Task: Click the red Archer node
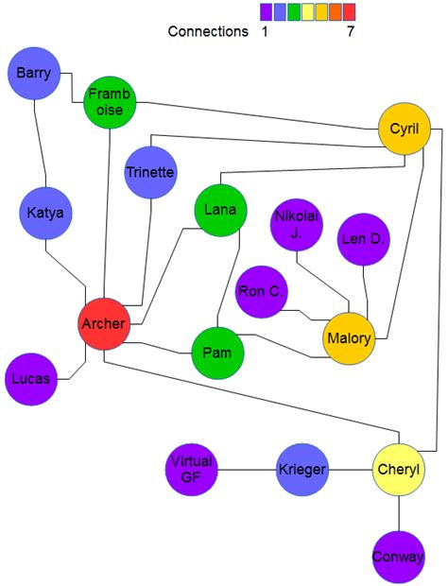(x=103, y=324)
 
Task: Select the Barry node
(x=33, y=74)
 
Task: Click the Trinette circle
(x=150, y=172)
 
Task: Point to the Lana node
(x=220, y=209)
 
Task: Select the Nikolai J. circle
(x=297, y=225)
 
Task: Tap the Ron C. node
(x=261, y=292)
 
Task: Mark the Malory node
(x=349, y=337)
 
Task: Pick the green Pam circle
(x=217, y=353)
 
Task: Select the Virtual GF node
(x=192, y=469)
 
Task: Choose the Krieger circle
(x=302, y=470)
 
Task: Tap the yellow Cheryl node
(x=399, y=470)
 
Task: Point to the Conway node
(x=398, y=556)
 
